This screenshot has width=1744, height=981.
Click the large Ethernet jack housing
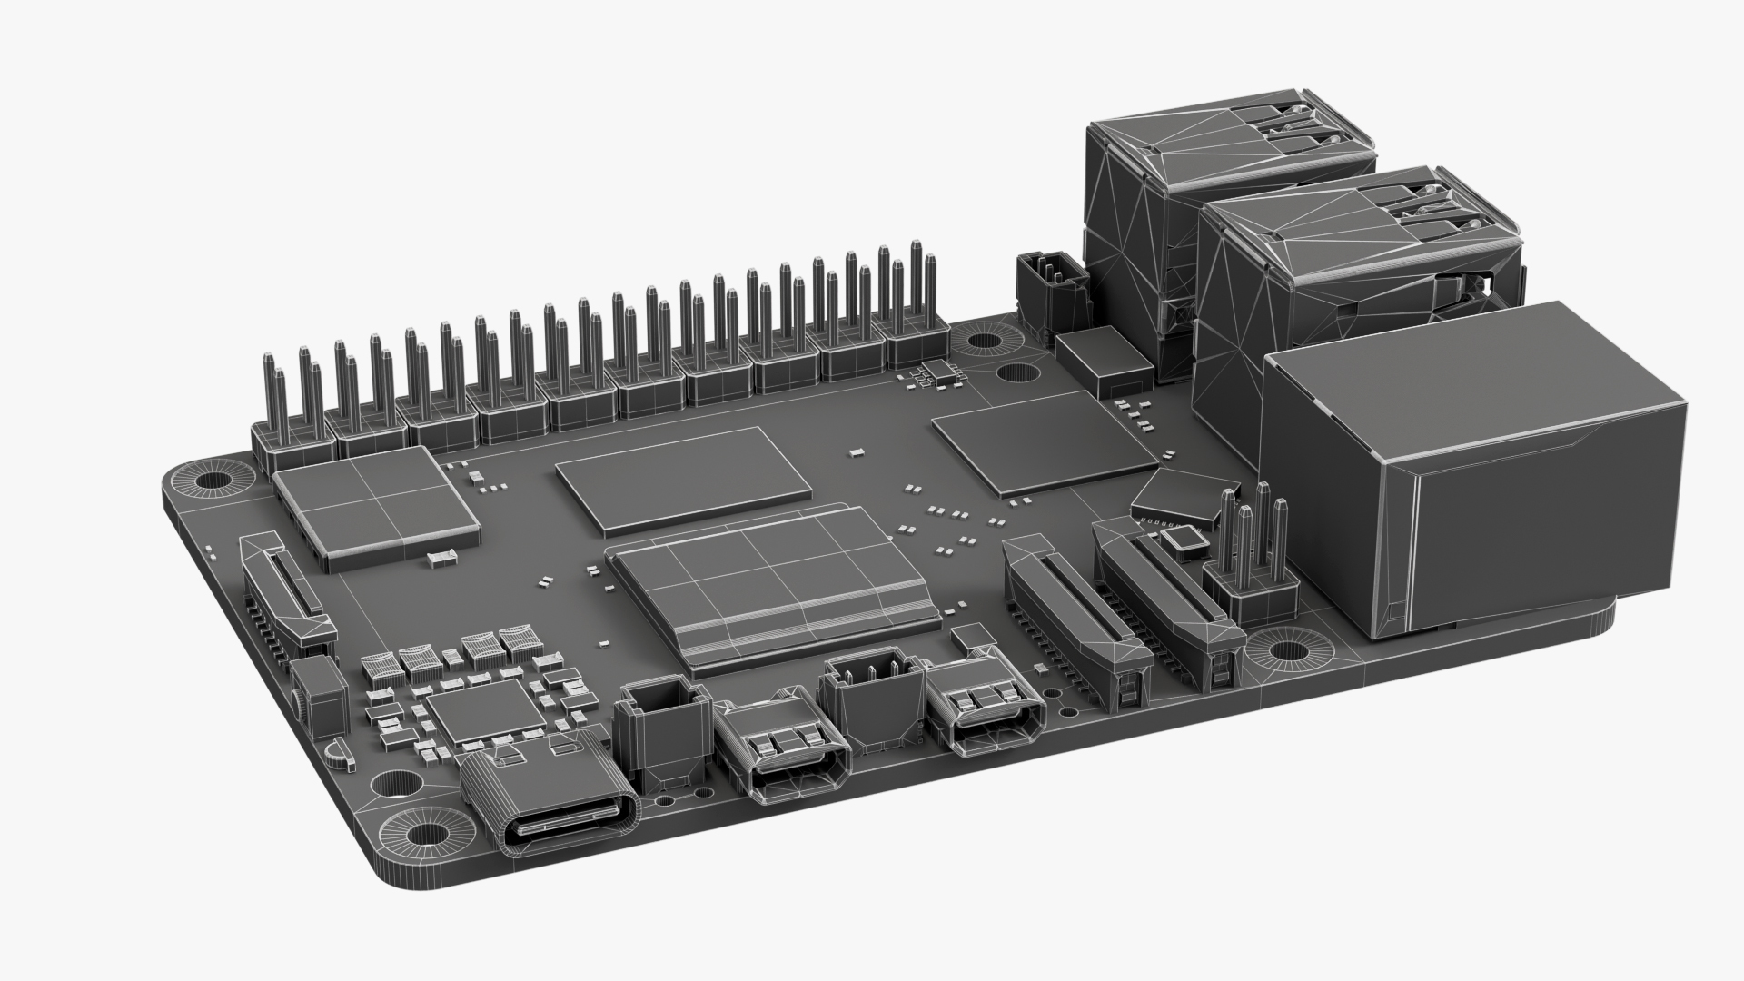click(x=1471, y=472)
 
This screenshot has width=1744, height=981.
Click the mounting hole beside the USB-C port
click(x=421, y=835)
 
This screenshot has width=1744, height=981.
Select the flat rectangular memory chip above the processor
click(x=683, y=477)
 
